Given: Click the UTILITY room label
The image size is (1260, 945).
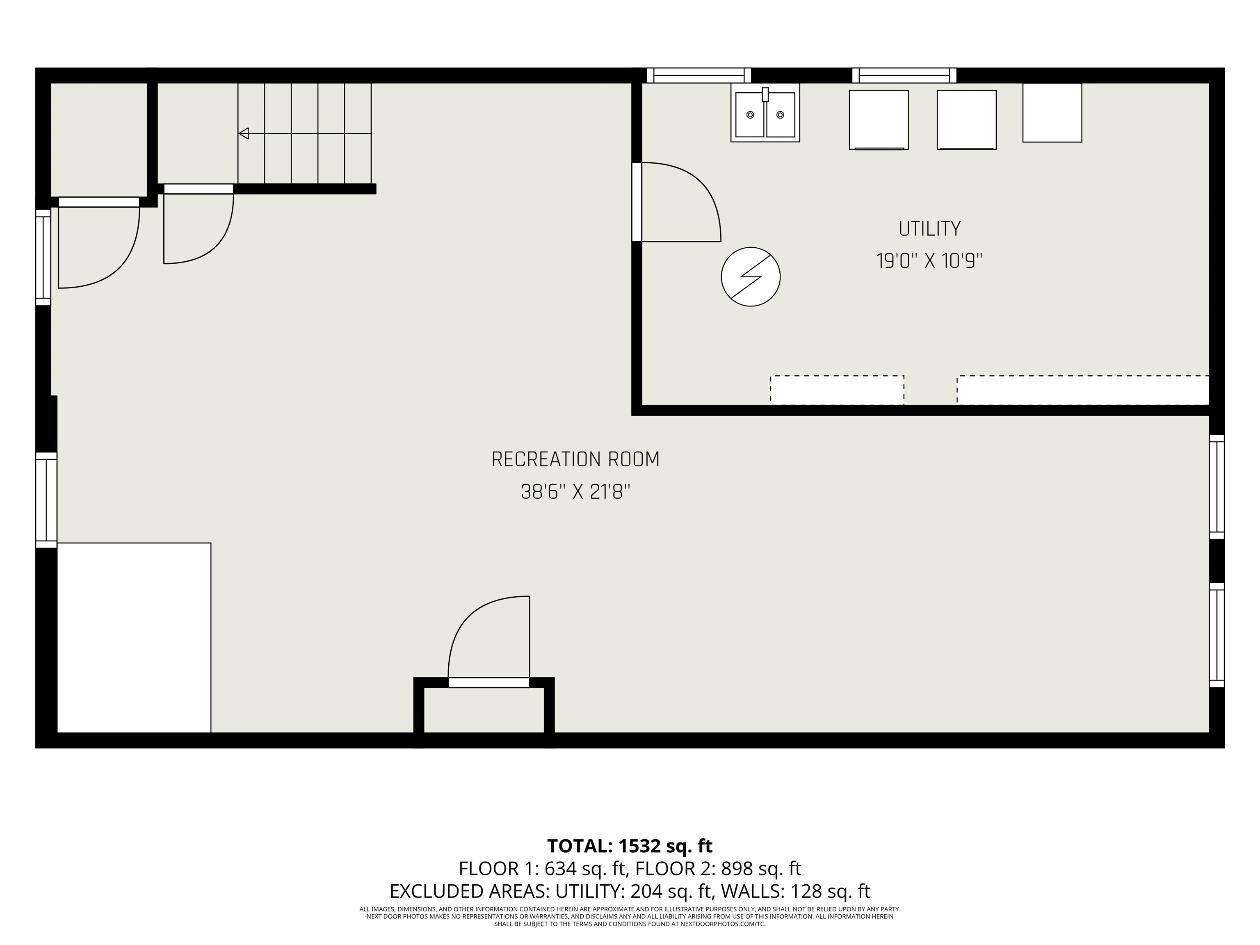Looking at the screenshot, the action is click(930, 229).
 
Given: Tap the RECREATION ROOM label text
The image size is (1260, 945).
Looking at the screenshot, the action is click(575, 460).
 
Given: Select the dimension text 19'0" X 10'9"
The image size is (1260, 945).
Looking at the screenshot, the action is click(930, 261).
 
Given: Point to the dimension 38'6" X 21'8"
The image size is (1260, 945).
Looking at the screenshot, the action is click(575, 492).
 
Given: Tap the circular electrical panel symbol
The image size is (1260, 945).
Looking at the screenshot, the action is click(751, 277).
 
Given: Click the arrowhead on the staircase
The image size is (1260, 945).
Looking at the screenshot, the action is click(244, 134).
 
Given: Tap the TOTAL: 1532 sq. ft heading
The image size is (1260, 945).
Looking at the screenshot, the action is click(630, 846).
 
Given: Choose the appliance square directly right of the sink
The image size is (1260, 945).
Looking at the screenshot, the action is click(879, 120).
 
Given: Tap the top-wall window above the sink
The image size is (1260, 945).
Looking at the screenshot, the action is click(699, 75).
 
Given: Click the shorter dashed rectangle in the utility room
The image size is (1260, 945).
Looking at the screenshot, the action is click(838, 390).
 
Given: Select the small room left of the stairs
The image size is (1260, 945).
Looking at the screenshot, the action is click(99, 139).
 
